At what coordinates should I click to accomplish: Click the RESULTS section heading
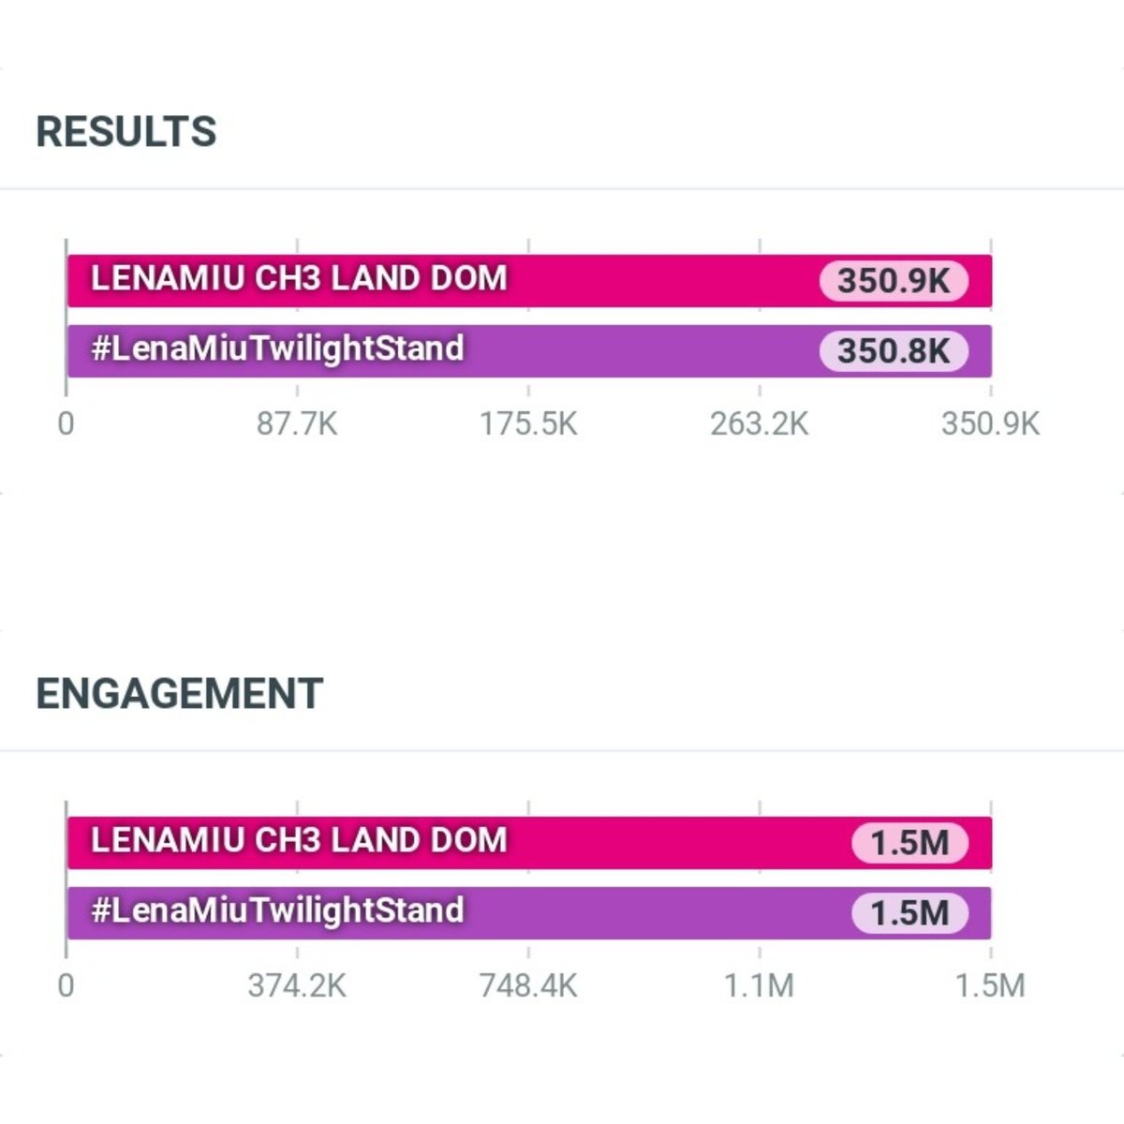(126, 131)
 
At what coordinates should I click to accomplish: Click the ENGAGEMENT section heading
(180, 693)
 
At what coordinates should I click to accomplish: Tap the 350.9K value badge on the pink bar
(894, 281)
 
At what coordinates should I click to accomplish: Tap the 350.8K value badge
(894, 351)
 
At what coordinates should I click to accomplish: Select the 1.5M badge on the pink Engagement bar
(910, 843)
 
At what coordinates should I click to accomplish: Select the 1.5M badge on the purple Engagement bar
(910, 913)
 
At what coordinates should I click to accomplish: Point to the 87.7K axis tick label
(297, 423)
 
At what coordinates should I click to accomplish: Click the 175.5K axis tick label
(528, 423)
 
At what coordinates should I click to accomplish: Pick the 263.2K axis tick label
(760, 423)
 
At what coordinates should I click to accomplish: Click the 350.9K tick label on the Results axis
(990, 423)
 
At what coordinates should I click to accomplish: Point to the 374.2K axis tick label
(297, 985)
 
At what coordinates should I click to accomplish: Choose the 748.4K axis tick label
(528, 985)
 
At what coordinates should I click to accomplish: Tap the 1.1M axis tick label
(759, 985)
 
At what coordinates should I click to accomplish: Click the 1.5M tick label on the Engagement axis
(990, 985)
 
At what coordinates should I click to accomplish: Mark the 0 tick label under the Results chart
(66, 423)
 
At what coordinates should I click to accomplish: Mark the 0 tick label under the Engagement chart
(66, 985)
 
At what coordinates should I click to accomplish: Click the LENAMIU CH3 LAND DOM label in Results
(299, 278)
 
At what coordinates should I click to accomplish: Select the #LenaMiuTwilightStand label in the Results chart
(277, 348)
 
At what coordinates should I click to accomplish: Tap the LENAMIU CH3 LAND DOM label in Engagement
(299, 840)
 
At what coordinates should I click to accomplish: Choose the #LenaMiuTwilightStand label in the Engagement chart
(277, 910)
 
